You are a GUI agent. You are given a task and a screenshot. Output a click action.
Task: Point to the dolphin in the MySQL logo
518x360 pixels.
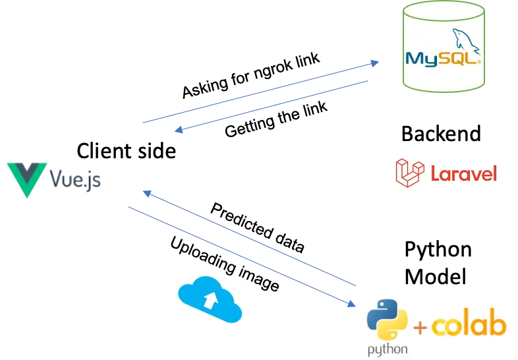click(464, 40)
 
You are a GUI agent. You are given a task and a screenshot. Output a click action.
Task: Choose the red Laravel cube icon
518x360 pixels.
click(411, 171)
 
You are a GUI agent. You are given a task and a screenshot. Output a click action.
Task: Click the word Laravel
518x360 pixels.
click(463, 173)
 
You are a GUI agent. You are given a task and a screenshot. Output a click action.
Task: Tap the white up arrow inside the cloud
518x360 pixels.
click(210, 300)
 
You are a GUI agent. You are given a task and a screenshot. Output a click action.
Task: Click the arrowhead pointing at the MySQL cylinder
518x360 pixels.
click(374, 63)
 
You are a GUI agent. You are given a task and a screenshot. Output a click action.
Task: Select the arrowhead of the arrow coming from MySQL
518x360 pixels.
click(179, 132)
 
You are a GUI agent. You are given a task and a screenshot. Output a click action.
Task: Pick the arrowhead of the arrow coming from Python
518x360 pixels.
click(148, 193)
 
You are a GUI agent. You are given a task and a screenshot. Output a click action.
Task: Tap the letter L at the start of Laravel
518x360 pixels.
click(436, 173)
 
